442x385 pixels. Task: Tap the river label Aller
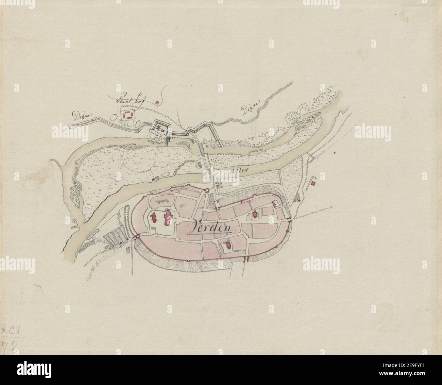coord(237,170)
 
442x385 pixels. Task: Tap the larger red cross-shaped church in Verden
coord(167,217)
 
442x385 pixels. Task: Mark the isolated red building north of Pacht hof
coord(157,102)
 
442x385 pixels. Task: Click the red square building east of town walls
coord(313,183)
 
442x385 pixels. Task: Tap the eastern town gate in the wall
coord(289,220)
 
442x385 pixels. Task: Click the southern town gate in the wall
coord(246,260)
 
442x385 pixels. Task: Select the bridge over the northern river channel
coord(202,148)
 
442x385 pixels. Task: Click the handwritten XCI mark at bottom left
coord(11,330)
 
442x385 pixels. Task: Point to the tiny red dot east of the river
coord(335,154)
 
